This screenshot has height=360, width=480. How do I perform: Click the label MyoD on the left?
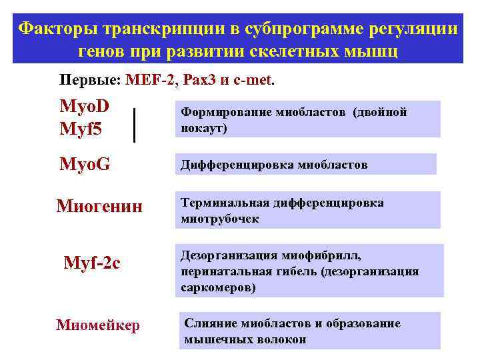[85, 107]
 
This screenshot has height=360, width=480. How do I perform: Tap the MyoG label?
[85, 164]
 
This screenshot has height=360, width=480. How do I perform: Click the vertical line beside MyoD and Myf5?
[135, 125]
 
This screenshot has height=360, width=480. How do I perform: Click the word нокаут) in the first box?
[204, 128]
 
